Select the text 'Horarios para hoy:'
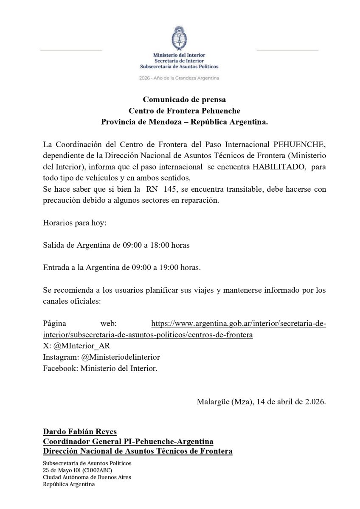75,223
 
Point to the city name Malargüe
213,402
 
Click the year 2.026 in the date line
315,402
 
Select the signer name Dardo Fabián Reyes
79,432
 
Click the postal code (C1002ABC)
98,470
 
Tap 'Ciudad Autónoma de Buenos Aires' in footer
87,477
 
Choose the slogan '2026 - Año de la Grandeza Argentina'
180,78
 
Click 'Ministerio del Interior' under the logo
179,55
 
